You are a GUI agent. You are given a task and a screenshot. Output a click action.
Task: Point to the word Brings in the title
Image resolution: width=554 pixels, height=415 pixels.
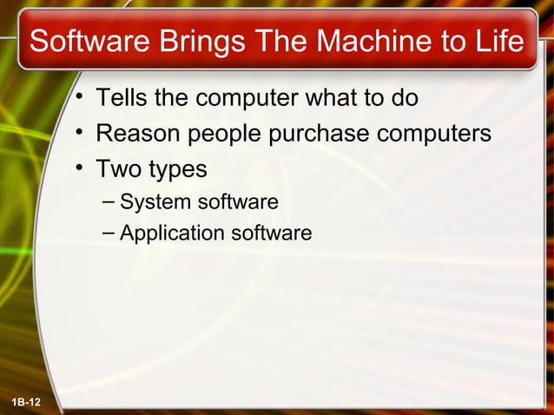click(195, 42)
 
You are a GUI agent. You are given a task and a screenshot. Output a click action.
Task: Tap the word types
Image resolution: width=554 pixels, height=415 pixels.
click(178, 169)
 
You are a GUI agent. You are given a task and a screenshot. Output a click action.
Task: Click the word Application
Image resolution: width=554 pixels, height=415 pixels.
click(170, 234)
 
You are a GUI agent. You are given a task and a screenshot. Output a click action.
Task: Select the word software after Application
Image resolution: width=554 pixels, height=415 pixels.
click(270, 233)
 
